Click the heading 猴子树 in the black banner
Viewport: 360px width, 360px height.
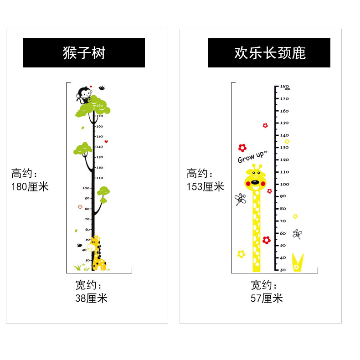(84, 53)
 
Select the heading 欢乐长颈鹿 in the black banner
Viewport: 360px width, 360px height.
(269, 53)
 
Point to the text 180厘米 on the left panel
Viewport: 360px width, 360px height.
(30, 187)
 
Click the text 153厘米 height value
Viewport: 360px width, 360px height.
(206, 186)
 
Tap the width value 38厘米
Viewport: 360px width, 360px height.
(91, 298)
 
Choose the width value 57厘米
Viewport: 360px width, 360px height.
(267, 298)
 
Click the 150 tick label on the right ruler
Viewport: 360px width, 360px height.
(284, 123)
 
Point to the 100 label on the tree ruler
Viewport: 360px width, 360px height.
(86, 188)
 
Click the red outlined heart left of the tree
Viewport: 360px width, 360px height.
(80, 207)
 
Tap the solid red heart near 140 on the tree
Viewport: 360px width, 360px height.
(106, 142)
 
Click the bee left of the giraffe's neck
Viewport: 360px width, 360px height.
(240, 199)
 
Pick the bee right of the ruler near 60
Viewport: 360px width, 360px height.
(297, 234)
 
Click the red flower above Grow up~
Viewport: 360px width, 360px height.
(242, 148)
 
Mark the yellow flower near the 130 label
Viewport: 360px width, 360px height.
(287, 141)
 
